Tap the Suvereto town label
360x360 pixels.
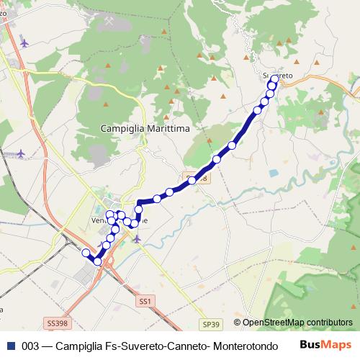[x=277, y=75]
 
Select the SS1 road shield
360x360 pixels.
[x=146, y=300]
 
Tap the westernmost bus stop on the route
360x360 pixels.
[x=86, y=252]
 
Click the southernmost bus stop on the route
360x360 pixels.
[x=98, y=261]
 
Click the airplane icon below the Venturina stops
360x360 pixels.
[x=137, y=239]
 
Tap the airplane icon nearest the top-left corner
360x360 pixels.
[x=25, y=42]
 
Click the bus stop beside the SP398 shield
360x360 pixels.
[x=192, y=181]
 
